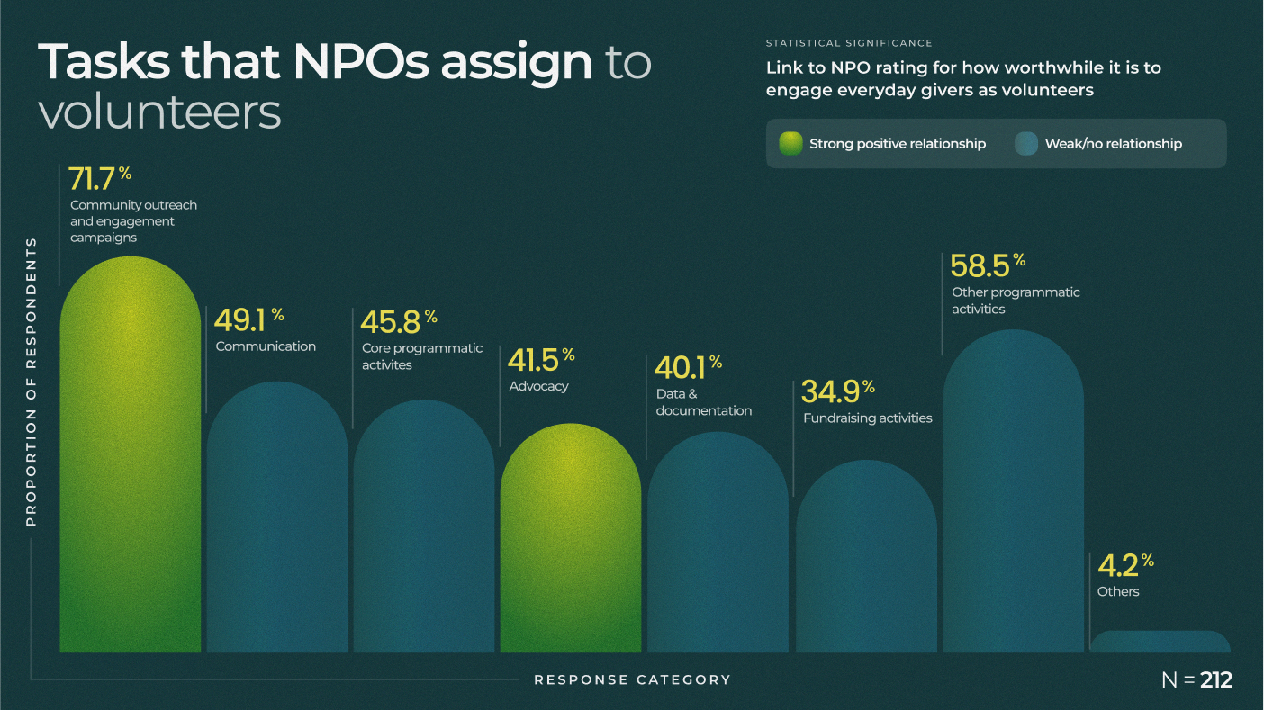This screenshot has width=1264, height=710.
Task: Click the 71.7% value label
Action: point(99,179)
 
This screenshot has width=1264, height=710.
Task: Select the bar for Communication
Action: point(277,522)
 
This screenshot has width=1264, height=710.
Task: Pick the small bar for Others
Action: point(1160,642)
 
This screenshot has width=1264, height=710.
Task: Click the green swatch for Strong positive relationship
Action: point(790,144)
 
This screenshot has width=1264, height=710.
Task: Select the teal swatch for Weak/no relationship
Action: point(1026,144)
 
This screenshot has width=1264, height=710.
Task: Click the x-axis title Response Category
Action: point(632,679)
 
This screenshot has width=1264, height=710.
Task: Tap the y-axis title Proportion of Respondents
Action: point(32,382)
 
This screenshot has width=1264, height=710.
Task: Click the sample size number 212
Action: point(1215,680)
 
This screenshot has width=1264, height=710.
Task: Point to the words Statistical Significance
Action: point(848,43)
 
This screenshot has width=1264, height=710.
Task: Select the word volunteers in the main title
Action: point(159,112)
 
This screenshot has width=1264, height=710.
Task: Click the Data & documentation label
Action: point(703,402)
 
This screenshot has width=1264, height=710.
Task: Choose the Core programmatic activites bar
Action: point(423,531)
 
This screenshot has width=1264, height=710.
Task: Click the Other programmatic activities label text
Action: point(1015,301)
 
